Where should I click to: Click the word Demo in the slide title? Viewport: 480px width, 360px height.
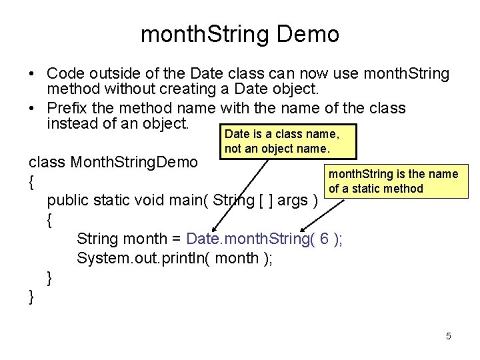(x=309, y=34)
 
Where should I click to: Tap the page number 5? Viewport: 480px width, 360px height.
(x=448, y=336)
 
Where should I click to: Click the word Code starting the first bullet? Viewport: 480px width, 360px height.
(x=65, y=73)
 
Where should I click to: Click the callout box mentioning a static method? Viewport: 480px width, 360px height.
(x=392, y=181)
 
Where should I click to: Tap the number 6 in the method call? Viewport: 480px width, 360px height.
(x=323, y=238)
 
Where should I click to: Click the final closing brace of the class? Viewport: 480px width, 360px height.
(x=31, y=297)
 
